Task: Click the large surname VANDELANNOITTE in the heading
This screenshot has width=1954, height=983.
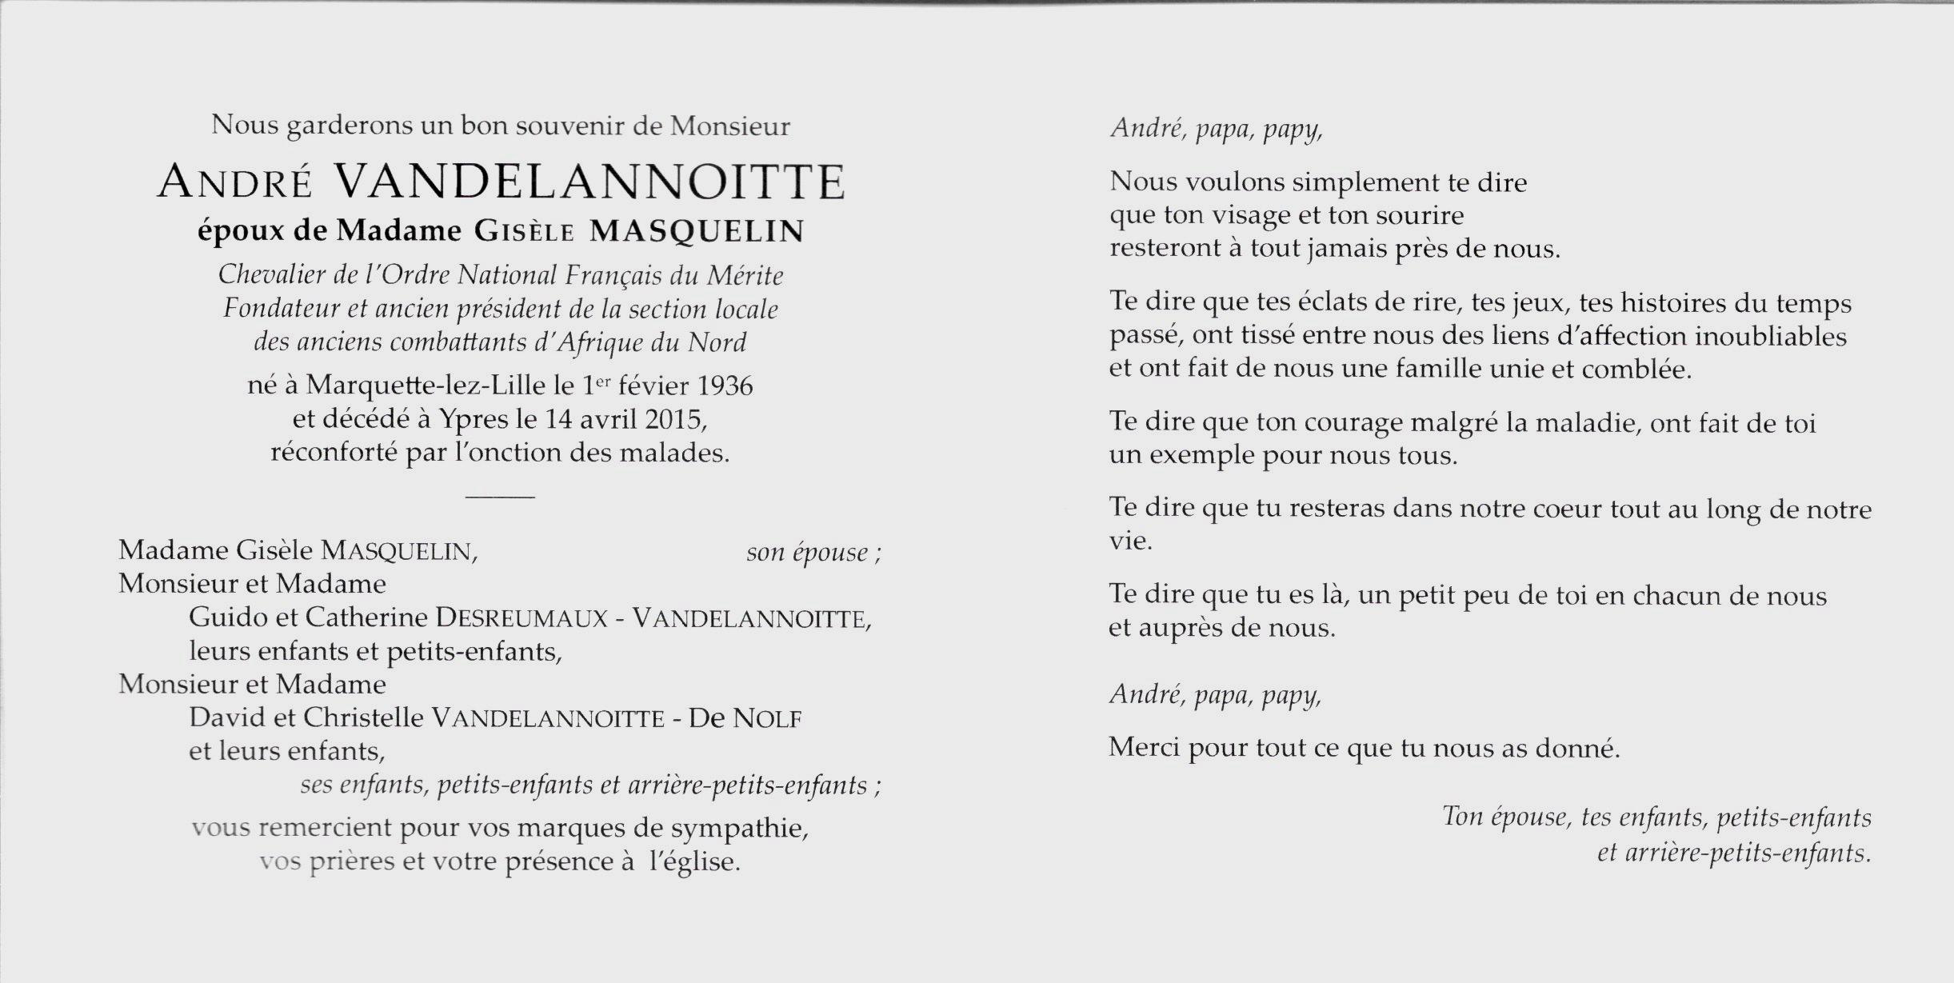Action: coord(588,182)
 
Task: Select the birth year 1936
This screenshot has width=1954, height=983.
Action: coord(725,386)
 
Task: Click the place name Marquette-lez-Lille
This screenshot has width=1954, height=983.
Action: coord(427,386)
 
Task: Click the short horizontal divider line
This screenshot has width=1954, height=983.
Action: coord(500,497)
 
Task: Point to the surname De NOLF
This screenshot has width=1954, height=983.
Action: coord(745,718)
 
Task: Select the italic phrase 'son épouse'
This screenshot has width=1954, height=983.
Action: coord(807,552)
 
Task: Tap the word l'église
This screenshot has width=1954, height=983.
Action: coord(693,861)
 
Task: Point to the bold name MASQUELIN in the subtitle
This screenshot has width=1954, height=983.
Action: coord(696,231)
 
